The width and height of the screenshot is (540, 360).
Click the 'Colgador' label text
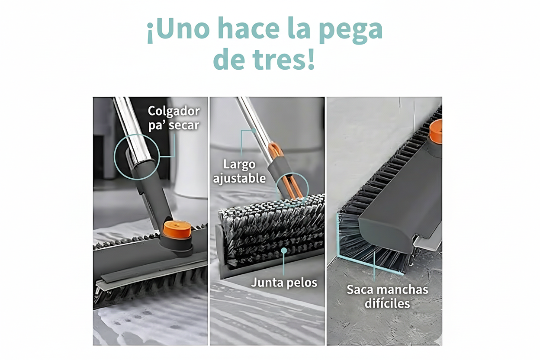(174, 111)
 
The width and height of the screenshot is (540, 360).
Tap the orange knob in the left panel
(177, 230)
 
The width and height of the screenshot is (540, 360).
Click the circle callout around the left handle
(137, 157)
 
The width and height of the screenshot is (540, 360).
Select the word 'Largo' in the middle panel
(239, 164)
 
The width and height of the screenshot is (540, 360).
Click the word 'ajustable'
(239, 178)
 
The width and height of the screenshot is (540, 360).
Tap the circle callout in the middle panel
(292, 189)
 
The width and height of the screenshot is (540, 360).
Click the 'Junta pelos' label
(284, 283)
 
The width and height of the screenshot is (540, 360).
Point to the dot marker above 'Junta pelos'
(284, 250)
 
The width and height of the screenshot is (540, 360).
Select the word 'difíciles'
(387, 303)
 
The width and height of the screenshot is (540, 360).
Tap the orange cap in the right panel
(436, 132)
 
